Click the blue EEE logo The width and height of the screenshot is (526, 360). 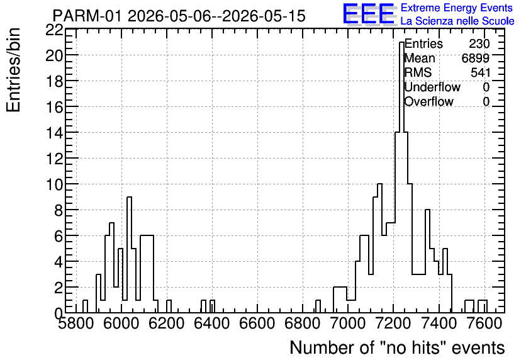[369, 14]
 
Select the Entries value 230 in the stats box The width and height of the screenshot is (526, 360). [479, 44]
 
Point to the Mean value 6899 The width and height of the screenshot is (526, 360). [475, 59]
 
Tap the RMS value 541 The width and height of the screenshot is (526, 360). [480, 73]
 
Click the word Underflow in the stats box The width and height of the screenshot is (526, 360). [432, 87]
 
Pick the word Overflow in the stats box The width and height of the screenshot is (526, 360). [428, 102]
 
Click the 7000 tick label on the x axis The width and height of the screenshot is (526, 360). [347, 323]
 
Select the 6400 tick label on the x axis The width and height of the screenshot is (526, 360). [212, 323]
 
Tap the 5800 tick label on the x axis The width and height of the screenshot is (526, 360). [76, 323]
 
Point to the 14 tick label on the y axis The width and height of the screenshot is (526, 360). [54, 133]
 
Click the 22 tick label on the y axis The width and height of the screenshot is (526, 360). [54, 30]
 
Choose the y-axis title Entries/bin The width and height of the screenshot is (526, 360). [13, 70]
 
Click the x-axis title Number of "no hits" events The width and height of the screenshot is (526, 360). [397, 347]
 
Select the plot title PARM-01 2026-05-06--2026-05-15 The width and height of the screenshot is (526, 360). [179, 16]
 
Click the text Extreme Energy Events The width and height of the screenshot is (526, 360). [457, 8]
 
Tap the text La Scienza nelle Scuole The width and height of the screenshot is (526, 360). [457, 21]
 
